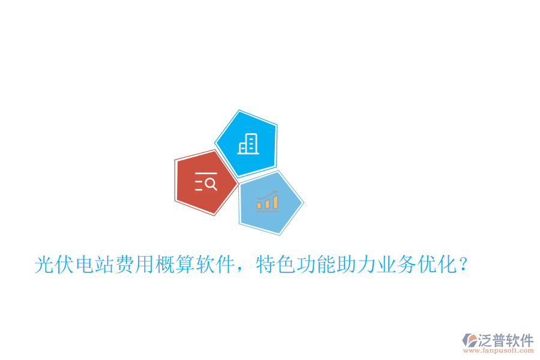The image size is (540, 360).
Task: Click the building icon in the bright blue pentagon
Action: point(248,144)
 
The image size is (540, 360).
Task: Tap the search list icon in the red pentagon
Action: point(206,181)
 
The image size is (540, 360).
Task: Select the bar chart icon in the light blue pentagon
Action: point(268,201)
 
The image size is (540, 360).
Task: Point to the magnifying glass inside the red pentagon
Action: point(211,184)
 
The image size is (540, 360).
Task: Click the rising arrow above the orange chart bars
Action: point(268,195)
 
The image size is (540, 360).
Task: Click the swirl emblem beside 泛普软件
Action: point(469,341)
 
